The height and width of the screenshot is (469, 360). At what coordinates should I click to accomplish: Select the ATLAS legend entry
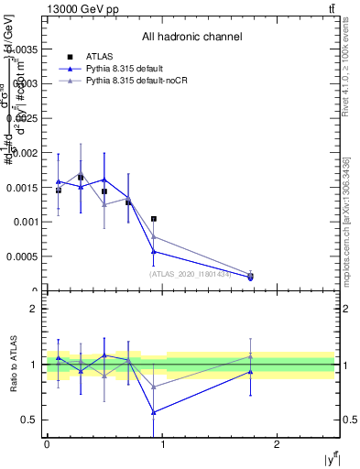coord(102,57)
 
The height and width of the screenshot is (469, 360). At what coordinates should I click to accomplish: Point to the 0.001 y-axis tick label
coord(27,222)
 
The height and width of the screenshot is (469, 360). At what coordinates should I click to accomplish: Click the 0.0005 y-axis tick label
coord(23,256)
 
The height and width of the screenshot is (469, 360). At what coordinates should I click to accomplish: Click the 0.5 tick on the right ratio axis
coord(349,420)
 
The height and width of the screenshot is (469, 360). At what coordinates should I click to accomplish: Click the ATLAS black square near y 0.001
coord(154,219)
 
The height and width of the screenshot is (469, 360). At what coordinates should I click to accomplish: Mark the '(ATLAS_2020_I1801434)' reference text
coord(191,272)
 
